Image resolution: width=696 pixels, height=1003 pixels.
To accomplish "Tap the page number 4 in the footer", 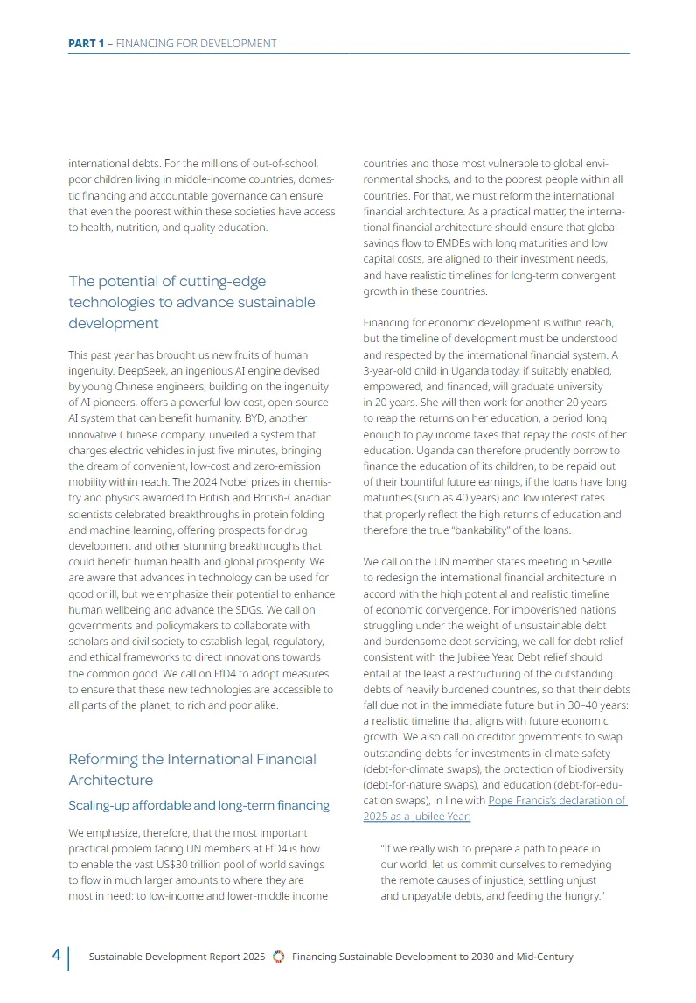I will coord(56,956).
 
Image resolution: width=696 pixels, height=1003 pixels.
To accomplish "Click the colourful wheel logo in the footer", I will coord(279,957).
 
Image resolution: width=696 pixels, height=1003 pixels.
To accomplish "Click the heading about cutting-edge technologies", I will coord(191,302).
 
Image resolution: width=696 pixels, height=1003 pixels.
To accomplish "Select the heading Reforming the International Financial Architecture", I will coord(192,769).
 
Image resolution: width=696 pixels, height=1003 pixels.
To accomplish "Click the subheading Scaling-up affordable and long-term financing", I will coord(198,805).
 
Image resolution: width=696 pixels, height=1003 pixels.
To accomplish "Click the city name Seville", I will coord(594,561).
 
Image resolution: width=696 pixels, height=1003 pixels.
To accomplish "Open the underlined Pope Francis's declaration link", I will coord(495,809).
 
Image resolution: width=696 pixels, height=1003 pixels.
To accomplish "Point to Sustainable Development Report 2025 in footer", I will coord(177,957).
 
